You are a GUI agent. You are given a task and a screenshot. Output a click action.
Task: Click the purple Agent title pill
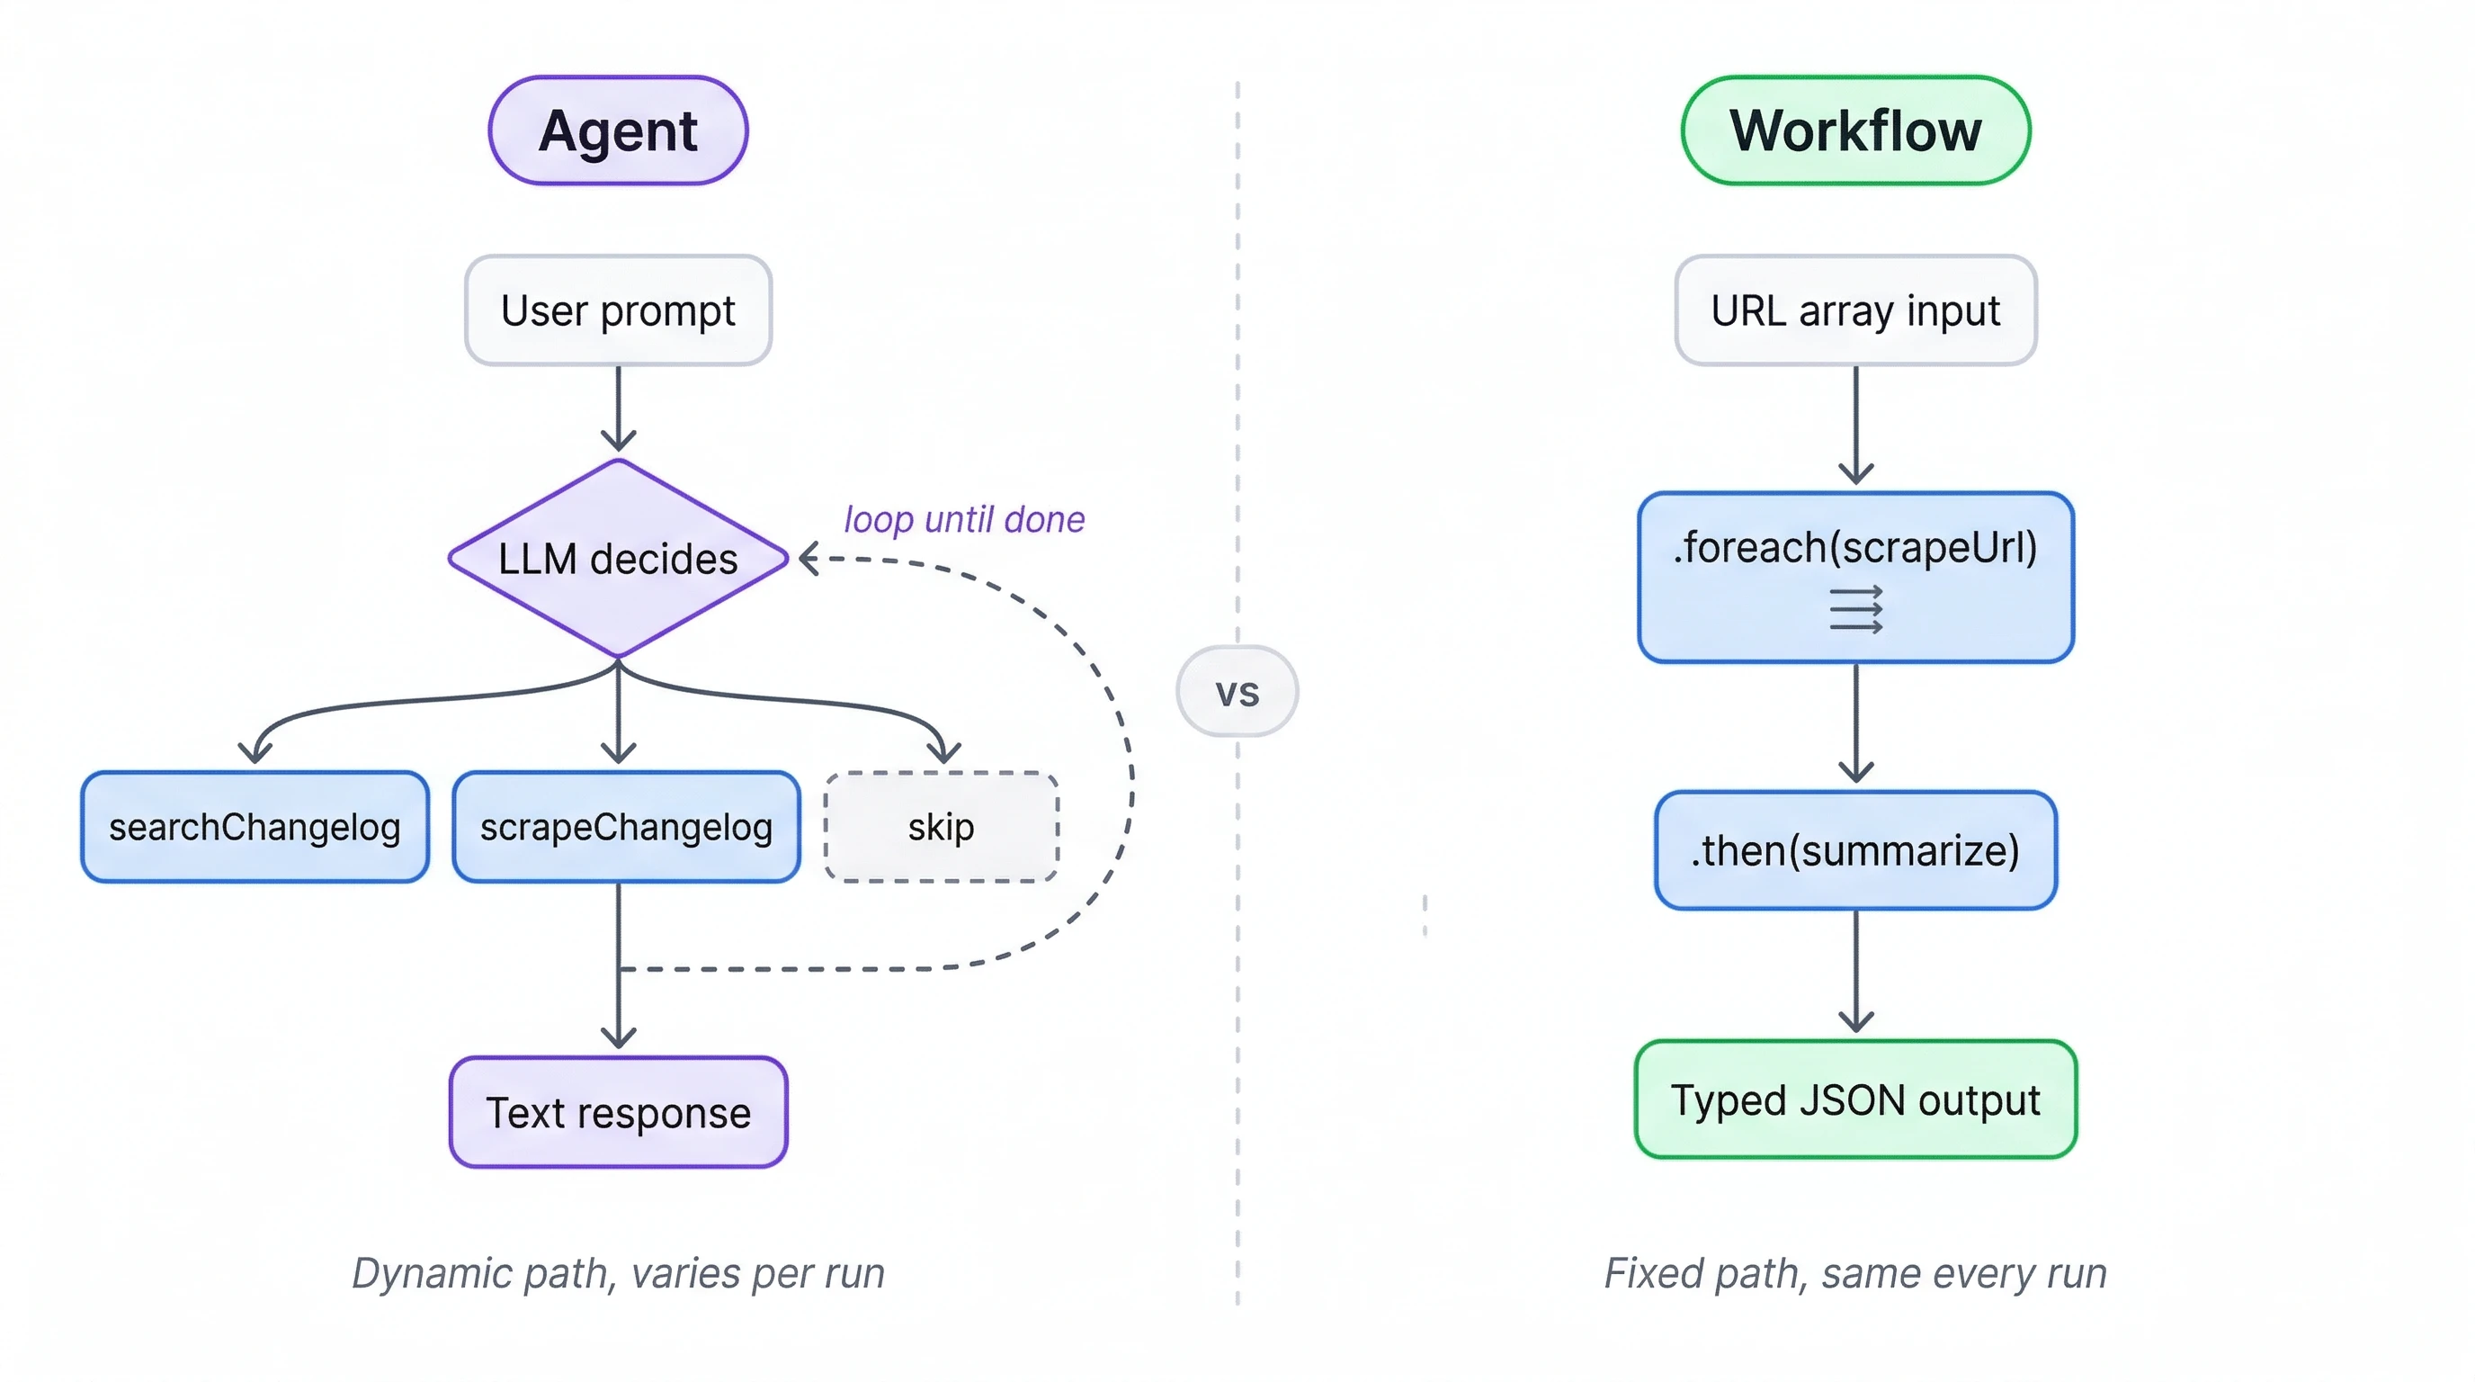pyautogui.click(x=618, y=130)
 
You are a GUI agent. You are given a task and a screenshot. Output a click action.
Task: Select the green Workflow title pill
pyautogui.click(x=1855, y=130)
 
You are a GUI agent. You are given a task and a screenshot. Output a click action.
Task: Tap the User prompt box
pyautogui.click(x=618, y=310)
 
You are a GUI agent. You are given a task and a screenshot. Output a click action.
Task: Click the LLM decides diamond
pyautogui.click(x=618, y=559)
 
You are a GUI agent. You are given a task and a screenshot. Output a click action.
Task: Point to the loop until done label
pyautogui.click(x=964, y=519)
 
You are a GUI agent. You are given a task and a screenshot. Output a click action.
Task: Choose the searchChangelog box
pyautogui.click(x=255, y=827)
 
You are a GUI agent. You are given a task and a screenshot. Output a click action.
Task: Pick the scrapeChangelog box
pyautogui.click(x=627, y=827)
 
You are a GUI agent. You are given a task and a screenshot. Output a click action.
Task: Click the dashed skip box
pyautogui.click(x=941, y=827)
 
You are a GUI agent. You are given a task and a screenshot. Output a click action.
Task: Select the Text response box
pyautogui.click(x=618, y=1112)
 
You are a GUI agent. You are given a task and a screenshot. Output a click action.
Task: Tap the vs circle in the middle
pyautogui.click(x=1237, y=692)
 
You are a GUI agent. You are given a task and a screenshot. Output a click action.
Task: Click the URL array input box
pyautogui.click(x=1855, y=310)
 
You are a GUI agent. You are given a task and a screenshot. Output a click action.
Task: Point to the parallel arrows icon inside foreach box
pyautogui.click(x=1855, y=610)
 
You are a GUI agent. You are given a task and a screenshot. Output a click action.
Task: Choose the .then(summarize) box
pyautogui.click(x=1855, y=850)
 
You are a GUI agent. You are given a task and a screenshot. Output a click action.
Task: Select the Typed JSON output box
pyautogui.click(x=1855, y=1099)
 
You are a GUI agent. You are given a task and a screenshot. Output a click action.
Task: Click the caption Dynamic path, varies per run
pyautogui.click(x=618, y=1273)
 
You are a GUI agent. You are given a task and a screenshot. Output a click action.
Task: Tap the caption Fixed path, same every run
pyautogui.click(x=1855, y=1273)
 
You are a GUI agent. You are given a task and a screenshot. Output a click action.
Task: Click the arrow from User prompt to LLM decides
pyautogui.click(x=618, y=408)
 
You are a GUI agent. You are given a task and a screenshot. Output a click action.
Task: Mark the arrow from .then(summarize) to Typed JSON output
pyautogui.click(x=1855, y=971)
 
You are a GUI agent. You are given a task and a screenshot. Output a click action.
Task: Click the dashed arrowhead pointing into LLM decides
pyautogui.click(x=810, y=559)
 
